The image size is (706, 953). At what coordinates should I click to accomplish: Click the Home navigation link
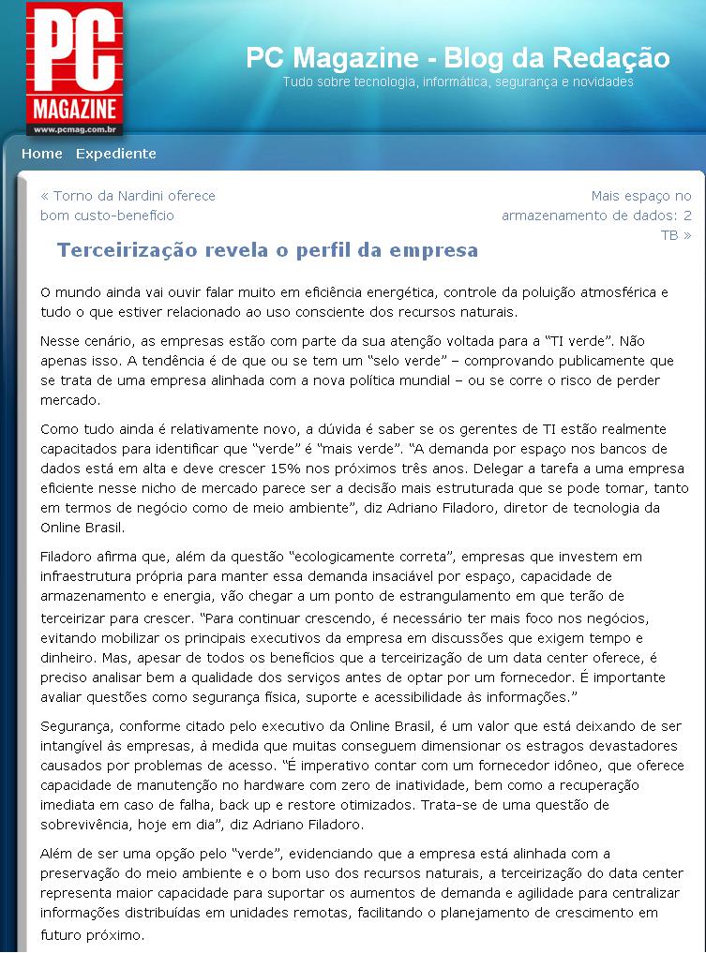click(x=42, y=154)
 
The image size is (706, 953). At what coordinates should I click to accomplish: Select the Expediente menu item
click(x=116, y=154)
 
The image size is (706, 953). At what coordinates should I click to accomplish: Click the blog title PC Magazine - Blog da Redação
click(x=458, y=58)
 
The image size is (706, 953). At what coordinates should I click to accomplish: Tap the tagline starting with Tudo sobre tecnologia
click(x=458, y=82)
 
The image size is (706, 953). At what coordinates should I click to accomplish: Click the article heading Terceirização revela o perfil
click(x=267, y=250)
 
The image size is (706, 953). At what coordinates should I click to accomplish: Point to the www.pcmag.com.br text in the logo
click(x=74, y=128)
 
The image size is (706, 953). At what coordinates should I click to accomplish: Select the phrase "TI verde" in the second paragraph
click(x=608, y=341)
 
